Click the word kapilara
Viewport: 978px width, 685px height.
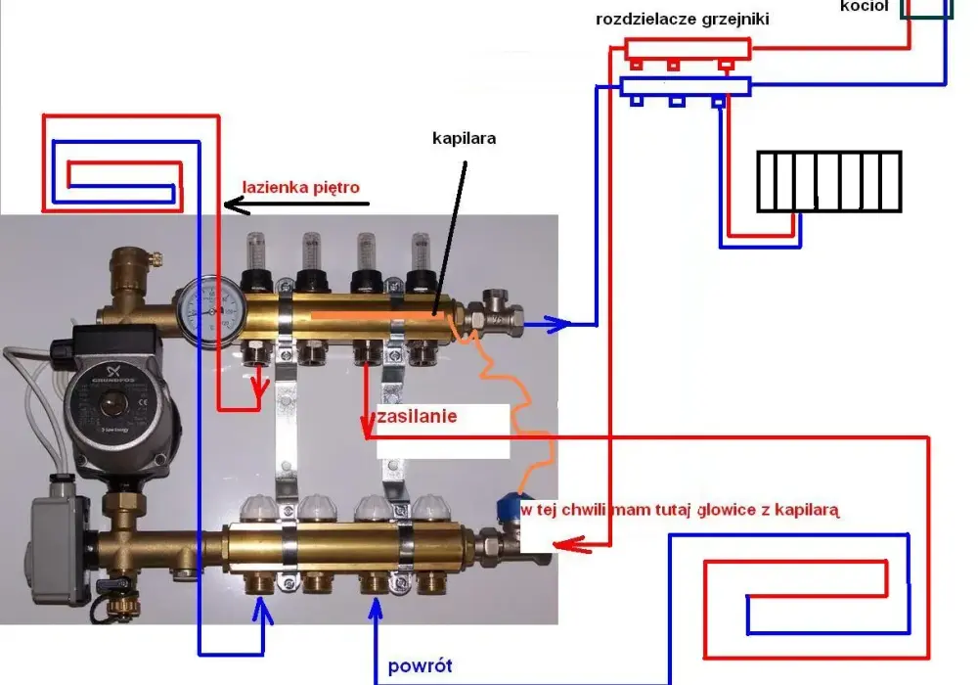pyautogui.click(x=464, y=138)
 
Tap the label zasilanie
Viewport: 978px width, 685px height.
pyautogui.click(x=418, y=416)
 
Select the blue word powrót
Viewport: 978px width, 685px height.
pyautogui.click(x=420, y=666)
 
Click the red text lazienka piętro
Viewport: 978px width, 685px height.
pyautogui.click(x=300, y=187)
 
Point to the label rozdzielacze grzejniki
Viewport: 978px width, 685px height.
pyautogui.click(x=683, y=19)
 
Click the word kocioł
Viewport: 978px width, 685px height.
pyautogui.click(x=864, y=6)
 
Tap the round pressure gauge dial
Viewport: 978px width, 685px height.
pyautogui.click(x=210, y=310)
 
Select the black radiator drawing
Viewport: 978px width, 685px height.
pyautogui.click(x=829, y=182)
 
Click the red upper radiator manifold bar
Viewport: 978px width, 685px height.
pyautogui.click(x=688, y=48)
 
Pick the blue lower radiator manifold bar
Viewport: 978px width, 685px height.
pyautogui.click(x=685, y=86)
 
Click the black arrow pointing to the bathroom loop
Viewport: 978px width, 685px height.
pyautogui.click(x=296, y=204)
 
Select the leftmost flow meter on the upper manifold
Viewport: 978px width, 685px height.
pyautogui.click(x=255, y=262)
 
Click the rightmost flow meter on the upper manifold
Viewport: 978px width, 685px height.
pyautogui.click(x=421, y=262)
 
